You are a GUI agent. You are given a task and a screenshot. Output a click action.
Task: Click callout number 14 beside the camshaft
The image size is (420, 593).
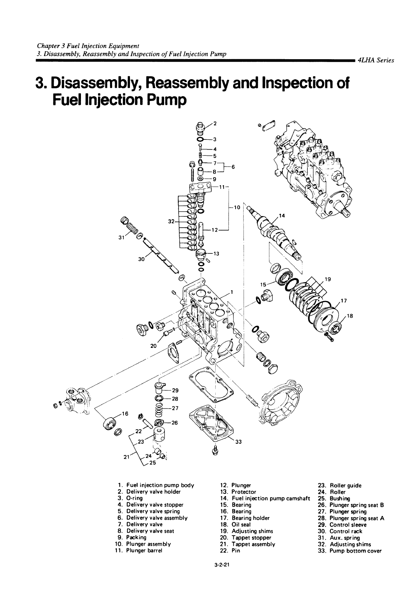[x=282, y=216]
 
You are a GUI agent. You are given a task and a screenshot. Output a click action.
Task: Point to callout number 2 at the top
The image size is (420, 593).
[x=215, y=123]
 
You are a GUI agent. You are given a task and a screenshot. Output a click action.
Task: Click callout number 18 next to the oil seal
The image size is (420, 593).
[x=350, y=316]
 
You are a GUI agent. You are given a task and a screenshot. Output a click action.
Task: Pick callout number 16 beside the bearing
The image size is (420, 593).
[x=125, y=414]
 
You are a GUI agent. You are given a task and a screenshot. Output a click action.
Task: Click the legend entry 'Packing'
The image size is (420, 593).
[x=136, y=538]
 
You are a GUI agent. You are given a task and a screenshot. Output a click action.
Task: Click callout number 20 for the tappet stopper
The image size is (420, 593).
[x=153, y=346]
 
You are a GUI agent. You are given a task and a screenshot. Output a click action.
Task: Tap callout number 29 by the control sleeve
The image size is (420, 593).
[x=175, y=391]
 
